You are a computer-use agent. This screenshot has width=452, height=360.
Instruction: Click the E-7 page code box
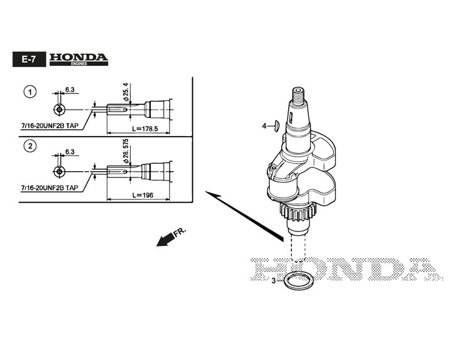28,60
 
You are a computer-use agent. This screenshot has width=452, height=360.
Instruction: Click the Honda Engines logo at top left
78,59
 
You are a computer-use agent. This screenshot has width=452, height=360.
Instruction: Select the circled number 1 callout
29,92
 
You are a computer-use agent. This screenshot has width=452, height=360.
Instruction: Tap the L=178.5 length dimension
145,128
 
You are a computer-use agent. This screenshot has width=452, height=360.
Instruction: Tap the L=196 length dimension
143,195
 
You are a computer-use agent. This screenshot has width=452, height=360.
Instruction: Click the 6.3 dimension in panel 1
70,90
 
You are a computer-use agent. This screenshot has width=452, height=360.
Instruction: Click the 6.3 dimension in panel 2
70,152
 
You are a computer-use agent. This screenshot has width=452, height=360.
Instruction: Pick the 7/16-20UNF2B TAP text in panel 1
50,125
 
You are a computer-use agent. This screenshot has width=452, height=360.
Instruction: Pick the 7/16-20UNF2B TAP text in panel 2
50,187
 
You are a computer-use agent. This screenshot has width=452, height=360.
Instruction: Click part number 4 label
264,126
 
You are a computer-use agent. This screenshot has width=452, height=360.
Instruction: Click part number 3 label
274,281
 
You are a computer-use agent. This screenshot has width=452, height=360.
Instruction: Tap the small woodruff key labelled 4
276,126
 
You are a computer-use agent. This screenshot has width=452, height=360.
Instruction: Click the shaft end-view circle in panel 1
58,109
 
